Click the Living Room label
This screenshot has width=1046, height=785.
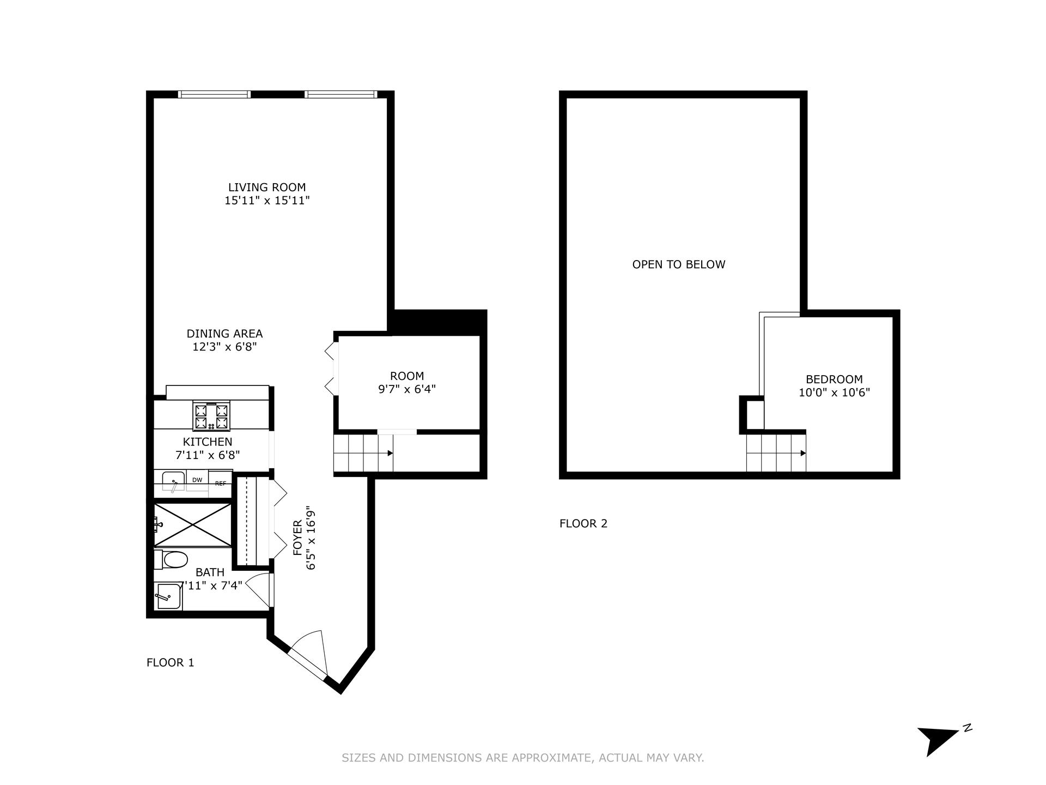[x=266, y=188]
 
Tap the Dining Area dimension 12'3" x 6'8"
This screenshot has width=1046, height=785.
[x=224, y=347]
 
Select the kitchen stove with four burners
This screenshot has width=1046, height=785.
[x=211, y=416]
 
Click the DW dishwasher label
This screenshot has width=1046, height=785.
[x=197, y=480]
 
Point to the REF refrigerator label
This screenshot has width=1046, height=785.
[x=220, y=484]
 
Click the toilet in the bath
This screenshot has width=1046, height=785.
[x=173, y=559]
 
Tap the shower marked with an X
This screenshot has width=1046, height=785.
[x=193, y=524]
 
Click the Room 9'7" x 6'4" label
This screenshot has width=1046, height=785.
[x=407, y=383]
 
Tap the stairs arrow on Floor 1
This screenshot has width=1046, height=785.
[x=390, y=453]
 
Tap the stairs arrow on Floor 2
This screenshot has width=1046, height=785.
[x=802, y=453]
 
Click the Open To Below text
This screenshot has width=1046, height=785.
[x=678, y=265]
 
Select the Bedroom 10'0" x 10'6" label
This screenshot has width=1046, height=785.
[x=834, y=386]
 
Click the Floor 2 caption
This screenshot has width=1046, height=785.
[x=583, y=524]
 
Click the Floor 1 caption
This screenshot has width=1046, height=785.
[x=170, y=663]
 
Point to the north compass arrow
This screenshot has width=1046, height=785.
[x=938, y=740]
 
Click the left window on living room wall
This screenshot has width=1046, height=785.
[x=215, y=94]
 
